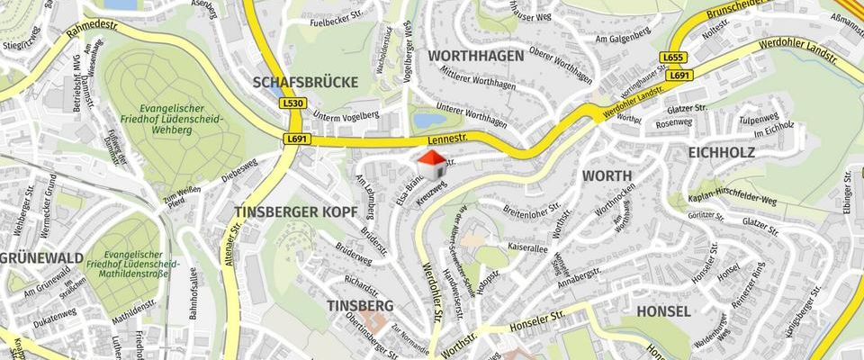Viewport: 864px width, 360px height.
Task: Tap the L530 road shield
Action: click(x=292, y=103)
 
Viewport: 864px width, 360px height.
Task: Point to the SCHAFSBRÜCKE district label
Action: click(x=305, y=82)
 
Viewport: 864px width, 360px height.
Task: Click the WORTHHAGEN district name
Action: click(x=475, y=56)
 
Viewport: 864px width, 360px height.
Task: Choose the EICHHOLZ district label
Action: click(x=721, y=153)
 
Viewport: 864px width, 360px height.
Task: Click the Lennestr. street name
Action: click(x=450, y=139)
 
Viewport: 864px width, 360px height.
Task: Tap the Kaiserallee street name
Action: click(x=527, y=245)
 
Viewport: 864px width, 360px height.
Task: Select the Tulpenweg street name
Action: click(x=759, y=119)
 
